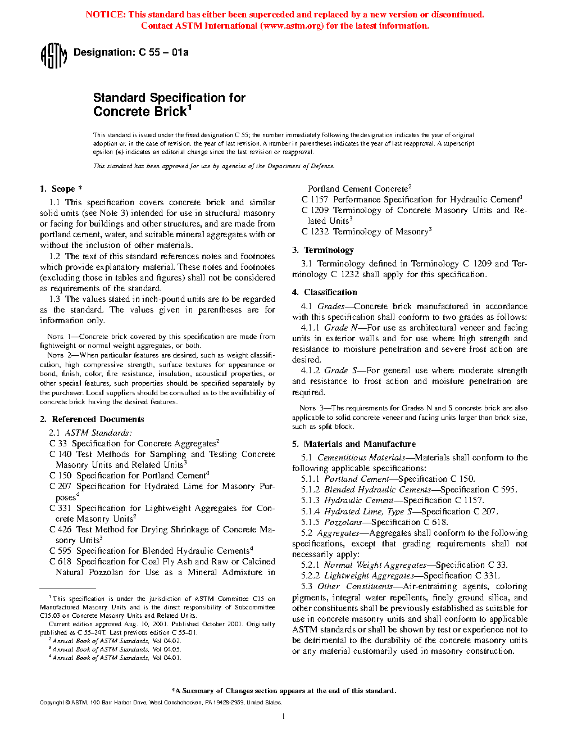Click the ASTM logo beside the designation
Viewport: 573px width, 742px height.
53,56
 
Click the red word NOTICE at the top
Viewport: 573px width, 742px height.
105,15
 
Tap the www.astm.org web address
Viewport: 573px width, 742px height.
292,26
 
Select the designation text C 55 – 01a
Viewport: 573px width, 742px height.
163,53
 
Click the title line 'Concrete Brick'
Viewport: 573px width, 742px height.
140,112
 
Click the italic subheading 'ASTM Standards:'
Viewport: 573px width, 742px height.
98,433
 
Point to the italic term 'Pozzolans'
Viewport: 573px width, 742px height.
343,522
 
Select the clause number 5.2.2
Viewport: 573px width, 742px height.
310,576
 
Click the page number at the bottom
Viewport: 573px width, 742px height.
284,716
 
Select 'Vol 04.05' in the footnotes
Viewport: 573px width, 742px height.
167,649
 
